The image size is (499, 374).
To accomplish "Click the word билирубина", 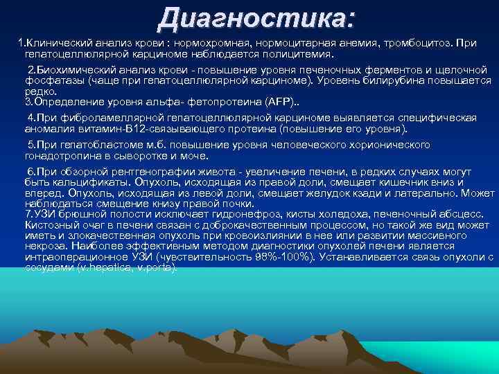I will pos(398,80).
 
